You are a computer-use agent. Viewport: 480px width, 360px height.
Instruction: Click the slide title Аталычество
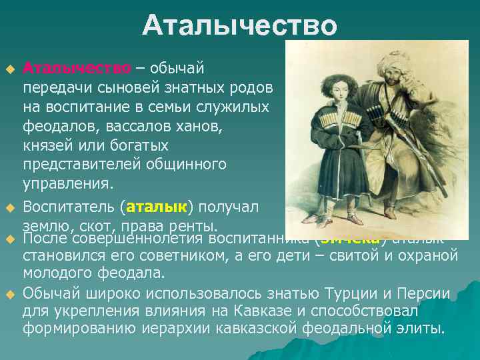pos(239,26)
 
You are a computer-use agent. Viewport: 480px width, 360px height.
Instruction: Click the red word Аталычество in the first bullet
pos(77,68)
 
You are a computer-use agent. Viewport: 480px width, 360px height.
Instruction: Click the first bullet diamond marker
pos(9,69)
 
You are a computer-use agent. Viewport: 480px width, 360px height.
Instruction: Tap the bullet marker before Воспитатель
pos(9,207)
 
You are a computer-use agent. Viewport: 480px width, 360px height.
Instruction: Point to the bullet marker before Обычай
pos(9,294)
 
